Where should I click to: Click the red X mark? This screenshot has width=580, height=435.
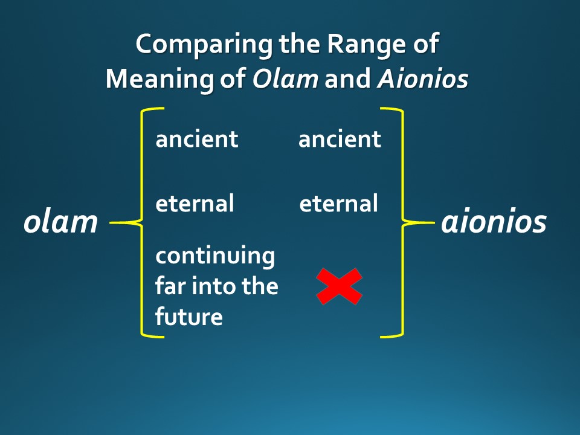[340, 286]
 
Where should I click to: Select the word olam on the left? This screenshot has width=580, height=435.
[60, 222]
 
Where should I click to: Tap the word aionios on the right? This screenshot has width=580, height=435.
[494, 222]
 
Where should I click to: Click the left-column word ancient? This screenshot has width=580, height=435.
[197, 140]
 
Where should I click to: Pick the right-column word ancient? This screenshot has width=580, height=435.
[340, 140]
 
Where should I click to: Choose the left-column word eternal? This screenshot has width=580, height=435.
[195, 204]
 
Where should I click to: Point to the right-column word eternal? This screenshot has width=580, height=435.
[338, 204]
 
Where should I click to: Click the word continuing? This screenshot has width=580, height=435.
[215, 256]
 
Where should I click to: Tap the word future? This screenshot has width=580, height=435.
[188, 316]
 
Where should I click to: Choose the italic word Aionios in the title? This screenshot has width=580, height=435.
[422, 79]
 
